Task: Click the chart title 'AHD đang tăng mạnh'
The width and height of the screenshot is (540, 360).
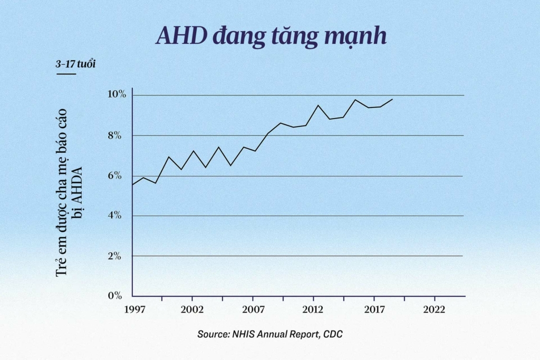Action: click(271, 36)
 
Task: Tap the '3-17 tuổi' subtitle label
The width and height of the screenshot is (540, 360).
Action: click(75, 64)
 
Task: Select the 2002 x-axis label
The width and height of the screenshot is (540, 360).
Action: click(192, 309)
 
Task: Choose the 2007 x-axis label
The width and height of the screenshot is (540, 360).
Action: click(253, 309)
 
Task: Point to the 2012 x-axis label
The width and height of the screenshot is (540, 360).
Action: click(313, 309)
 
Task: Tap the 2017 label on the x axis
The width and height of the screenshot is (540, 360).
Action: click(374, 309)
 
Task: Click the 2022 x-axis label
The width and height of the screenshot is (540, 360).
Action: click(435, 309)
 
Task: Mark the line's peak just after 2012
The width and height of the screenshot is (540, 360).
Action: click(318, 105)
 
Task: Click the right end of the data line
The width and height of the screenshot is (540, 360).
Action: click(392, 99)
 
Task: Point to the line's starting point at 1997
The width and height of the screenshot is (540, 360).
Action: click(132, 184)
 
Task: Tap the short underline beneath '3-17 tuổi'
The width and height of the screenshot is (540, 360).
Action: click(66, 74)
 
